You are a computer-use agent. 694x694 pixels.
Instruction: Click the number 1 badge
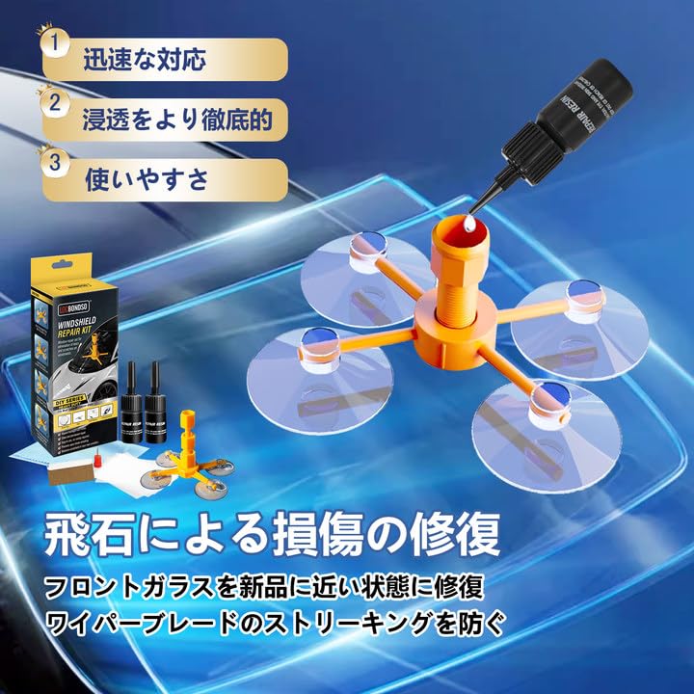57,43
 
